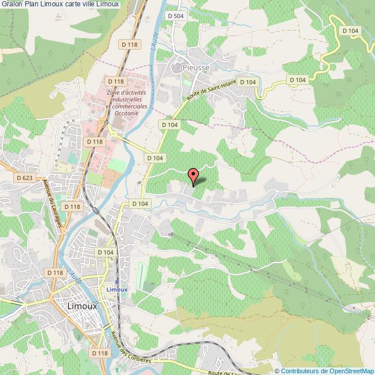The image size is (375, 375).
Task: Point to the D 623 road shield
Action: point(24,178)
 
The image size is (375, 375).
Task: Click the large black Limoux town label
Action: point(82,306)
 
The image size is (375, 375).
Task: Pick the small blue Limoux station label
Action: point(117,289)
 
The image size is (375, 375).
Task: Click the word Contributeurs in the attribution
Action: point(299,371)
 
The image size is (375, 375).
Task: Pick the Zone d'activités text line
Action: point(127,92)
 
